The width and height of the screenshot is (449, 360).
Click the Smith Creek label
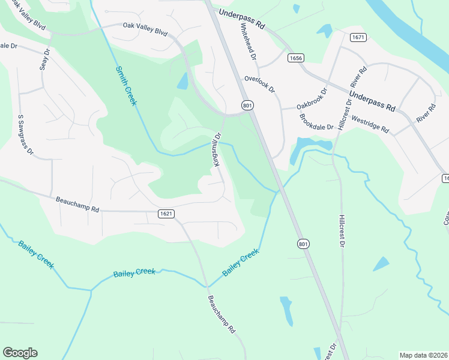pos(126,86)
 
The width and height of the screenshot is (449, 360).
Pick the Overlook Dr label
pos(259,84)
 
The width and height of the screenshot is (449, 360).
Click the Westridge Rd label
pos(370,125)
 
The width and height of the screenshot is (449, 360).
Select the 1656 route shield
pos(295,58)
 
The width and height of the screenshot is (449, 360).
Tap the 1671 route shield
pos(358,37)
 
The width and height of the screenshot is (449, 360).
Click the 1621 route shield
pos(166,214)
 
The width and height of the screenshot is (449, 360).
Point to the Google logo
pos(20,353)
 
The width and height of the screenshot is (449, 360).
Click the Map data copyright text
pos(423,355)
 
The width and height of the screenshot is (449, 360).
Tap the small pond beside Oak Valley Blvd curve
pos(182,80)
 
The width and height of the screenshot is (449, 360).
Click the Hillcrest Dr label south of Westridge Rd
pos(342,230)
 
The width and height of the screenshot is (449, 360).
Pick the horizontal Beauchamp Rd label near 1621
pos(77,206)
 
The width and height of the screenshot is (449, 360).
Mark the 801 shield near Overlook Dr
pos(247,106)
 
